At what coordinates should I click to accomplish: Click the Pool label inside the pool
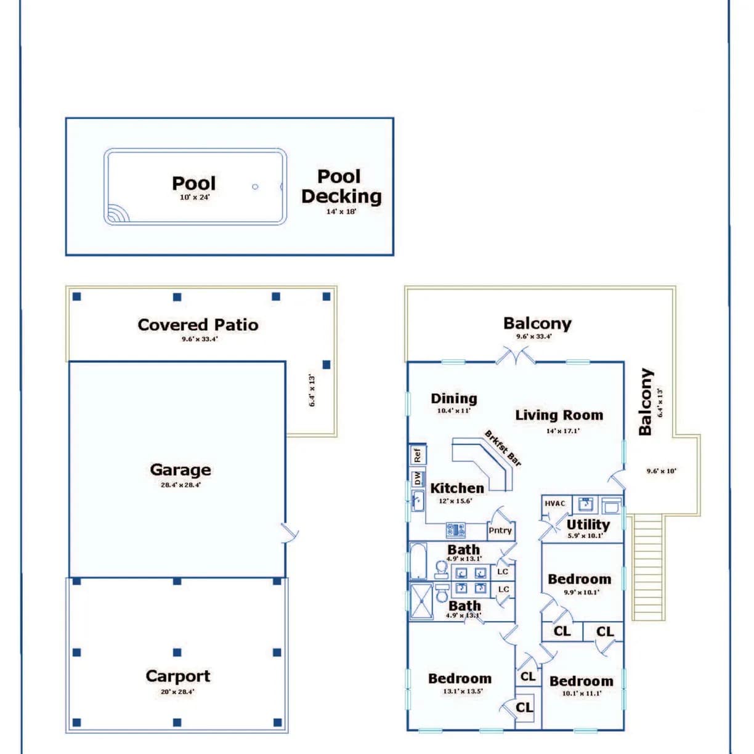coord(193,184)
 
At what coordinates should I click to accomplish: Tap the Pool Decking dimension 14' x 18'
coord(341,211)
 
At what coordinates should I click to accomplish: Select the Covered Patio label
coord(198,325)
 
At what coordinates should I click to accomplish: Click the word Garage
coord(180,470)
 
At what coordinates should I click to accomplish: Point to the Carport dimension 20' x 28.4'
coord(177,692)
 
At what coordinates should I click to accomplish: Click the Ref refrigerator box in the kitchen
coord(418,455)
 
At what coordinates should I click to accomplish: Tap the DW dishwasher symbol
coord(418,478)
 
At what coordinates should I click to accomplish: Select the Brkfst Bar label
coord(503,448)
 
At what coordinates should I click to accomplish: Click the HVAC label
coord(555,503)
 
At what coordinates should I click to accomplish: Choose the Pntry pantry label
coord(500,530)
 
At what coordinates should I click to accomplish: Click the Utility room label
coord(588,524)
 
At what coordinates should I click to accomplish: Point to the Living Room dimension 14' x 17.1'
coord(562,431)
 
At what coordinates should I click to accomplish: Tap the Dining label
coord(454,399)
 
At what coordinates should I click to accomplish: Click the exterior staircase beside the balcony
coord(647,567)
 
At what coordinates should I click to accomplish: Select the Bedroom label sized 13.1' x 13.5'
coord(460,678)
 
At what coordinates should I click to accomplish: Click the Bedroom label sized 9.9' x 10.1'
coord(579,579)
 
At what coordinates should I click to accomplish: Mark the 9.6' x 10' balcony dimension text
coord(661,471)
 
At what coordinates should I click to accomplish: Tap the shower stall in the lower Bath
coord(422,601)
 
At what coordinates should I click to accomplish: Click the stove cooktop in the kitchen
coord(456,529)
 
